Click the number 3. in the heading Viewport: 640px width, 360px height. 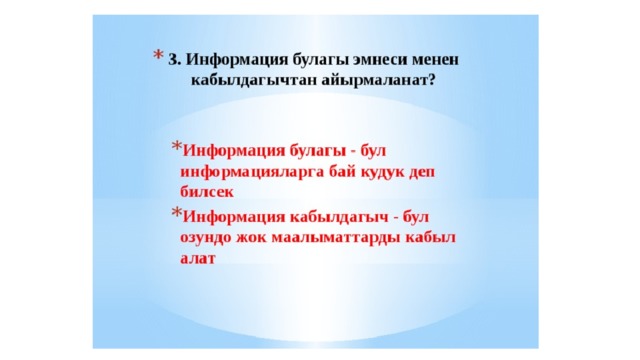[174, 60]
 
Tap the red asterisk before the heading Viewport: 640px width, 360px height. [158, 56]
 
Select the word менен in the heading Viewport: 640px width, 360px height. [436, 60]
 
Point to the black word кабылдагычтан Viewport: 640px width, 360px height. [254, 80]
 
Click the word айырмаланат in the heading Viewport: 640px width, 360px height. [373, 80]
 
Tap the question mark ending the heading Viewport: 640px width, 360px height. [431, 80]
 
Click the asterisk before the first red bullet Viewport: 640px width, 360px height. [176, 146]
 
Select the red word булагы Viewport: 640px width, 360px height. [316, 151]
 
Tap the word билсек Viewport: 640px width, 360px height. [207, 192]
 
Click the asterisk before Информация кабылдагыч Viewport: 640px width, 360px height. [176, 212]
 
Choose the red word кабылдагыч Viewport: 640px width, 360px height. [339, 217]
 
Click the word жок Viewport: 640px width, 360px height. [252, 238]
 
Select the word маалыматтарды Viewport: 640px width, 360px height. [336, 238]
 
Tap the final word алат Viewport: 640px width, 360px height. [198, 258]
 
